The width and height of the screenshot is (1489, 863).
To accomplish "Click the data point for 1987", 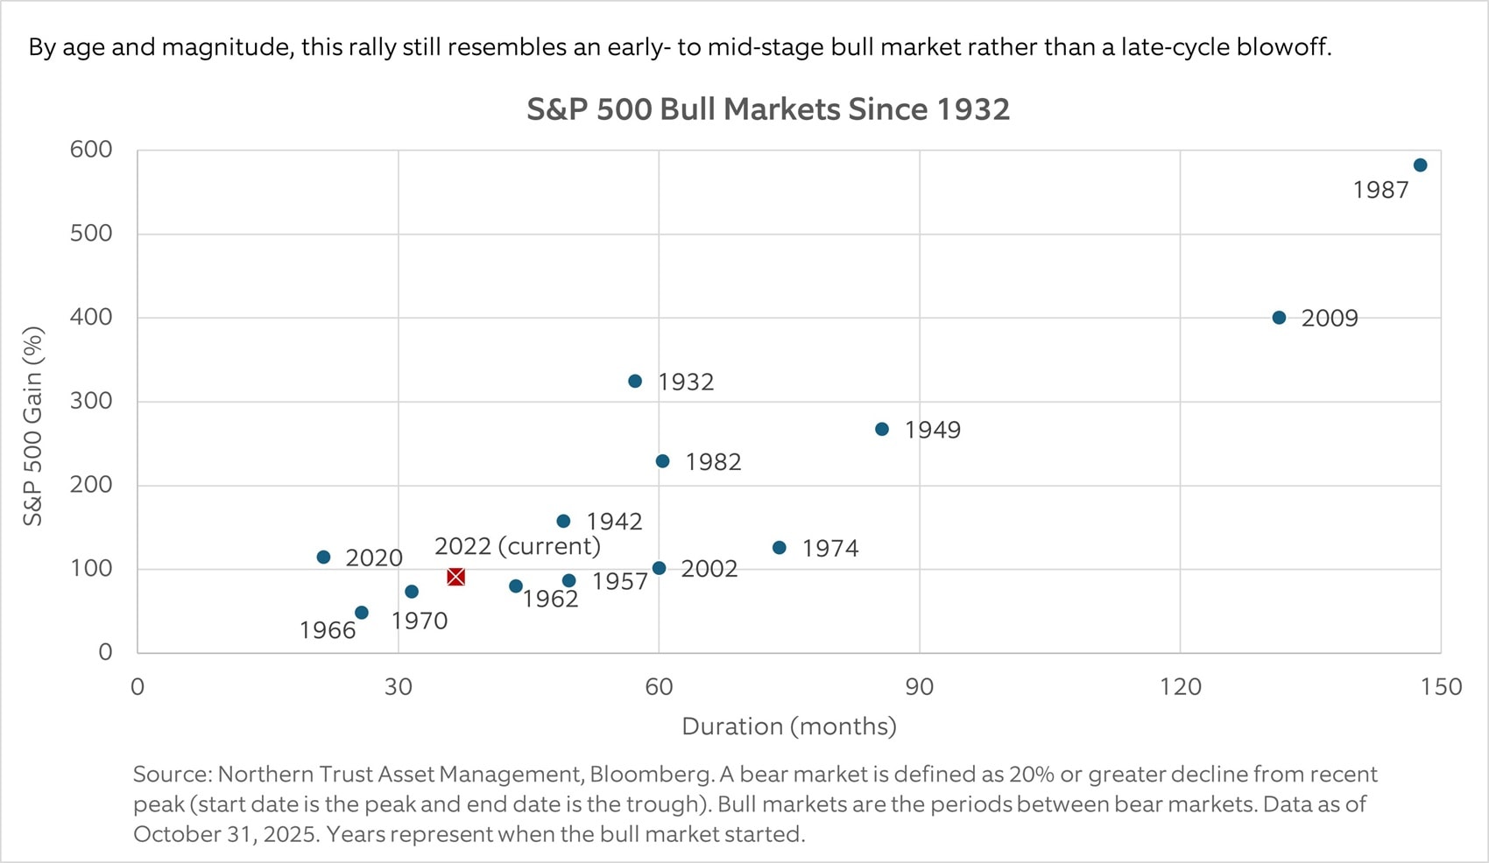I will point(1420,165).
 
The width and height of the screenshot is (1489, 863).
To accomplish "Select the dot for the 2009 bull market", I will point(1279,318).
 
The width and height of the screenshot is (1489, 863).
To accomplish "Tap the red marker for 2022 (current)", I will point(455,577).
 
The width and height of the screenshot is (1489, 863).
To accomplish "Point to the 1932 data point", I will point(635,382).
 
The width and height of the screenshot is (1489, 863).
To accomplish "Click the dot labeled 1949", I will point(882,430).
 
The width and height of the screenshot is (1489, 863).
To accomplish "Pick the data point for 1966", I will point(362,613).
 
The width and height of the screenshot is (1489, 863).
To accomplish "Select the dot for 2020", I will point(323,558).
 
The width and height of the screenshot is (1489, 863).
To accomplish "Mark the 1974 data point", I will point(780,548).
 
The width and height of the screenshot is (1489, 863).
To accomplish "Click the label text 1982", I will point(713,462).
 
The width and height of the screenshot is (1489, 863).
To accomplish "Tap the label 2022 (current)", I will point(518,546).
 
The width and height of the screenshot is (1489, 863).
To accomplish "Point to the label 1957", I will point(619,582).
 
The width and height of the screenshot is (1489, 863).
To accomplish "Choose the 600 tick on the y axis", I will point(91,150).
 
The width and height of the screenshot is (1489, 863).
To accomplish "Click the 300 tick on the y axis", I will point(91,401).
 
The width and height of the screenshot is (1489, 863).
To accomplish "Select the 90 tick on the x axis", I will point(919,687).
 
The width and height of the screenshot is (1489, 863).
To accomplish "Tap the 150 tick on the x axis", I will point(1441,687).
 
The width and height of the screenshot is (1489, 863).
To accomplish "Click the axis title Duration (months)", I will point(788,726).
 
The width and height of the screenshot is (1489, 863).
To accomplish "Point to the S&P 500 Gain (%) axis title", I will point(33,425).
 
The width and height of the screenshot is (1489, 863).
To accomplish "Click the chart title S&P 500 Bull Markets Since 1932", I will point(768,109).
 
